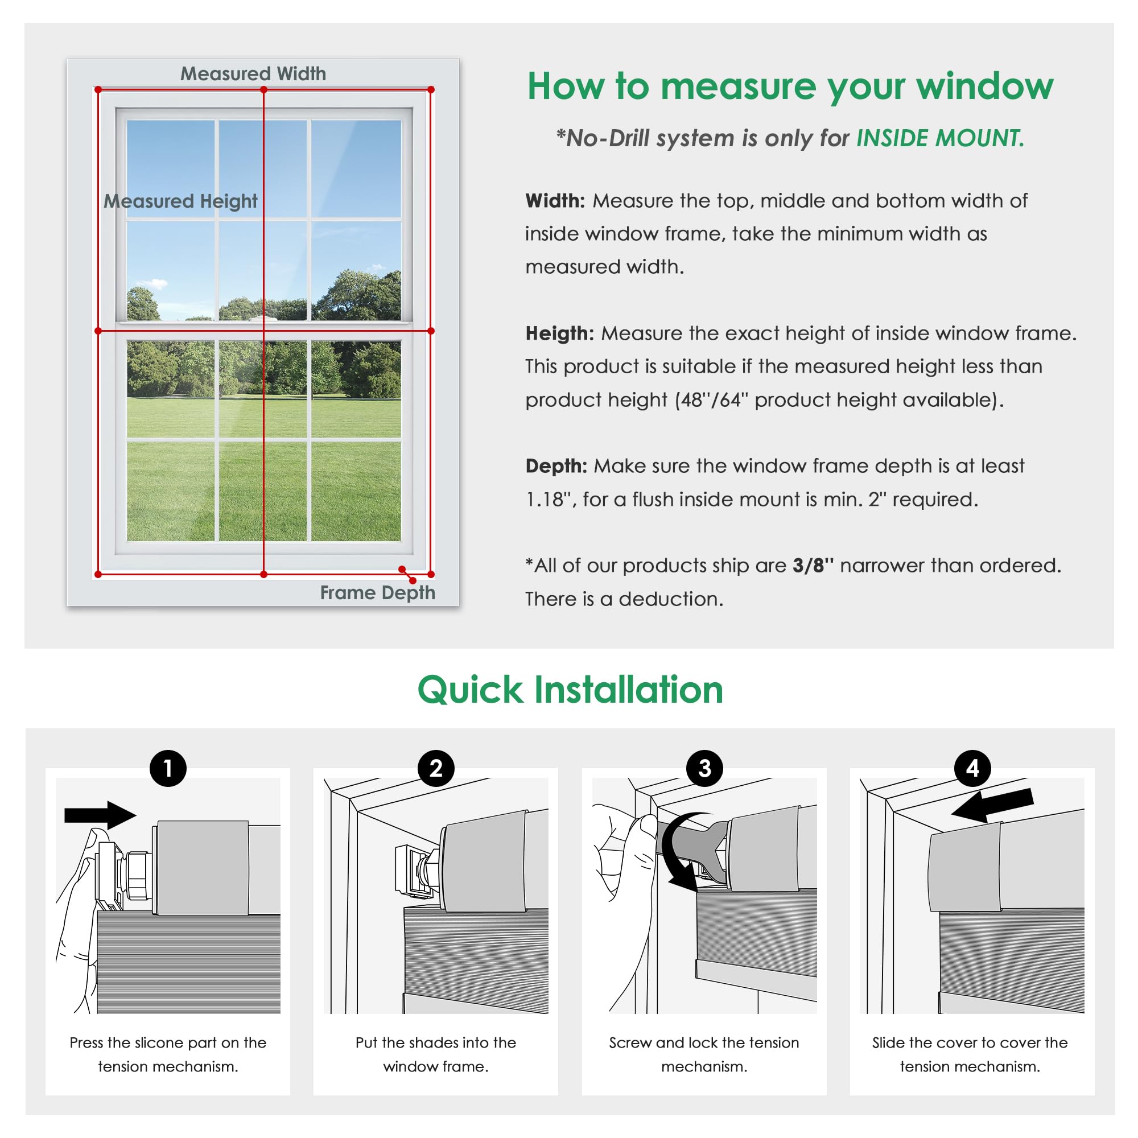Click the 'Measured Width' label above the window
253,73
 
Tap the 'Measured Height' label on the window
180,201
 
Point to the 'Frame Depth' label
377,592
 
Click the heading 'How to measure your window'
790,86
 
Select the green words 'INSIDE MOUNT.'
940,138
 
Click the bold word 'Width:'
555,201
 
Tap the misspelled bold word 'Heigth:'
559,333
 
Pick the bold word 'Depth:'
556,466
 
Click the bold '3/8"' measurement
813,566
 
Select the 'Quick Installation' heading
570,690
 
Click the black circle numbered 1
168,768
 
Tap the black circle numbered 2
436,768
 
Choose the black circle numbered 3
704,768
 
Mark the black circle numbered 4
972,768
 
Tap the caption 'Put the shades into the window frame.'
436,1054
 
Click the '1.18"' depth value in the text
548,500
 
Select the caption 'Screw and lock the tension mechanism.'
704,1054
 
